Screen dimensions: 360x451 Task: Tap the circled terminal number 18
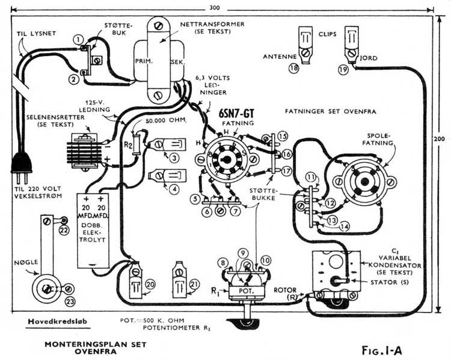293,69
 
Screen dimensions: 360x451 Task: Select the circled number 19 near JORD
343,70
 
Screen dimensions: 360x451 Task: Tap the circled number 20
150,284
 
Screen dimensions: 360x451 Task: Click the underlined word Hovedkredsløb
58,321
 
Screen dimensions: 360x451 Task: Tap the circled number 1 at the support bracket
78,39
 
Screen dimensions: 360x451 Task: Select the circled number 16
286,154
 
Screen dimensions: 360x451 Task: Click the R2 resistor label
126,144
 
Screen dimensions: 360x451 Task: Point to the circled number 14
344,227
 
